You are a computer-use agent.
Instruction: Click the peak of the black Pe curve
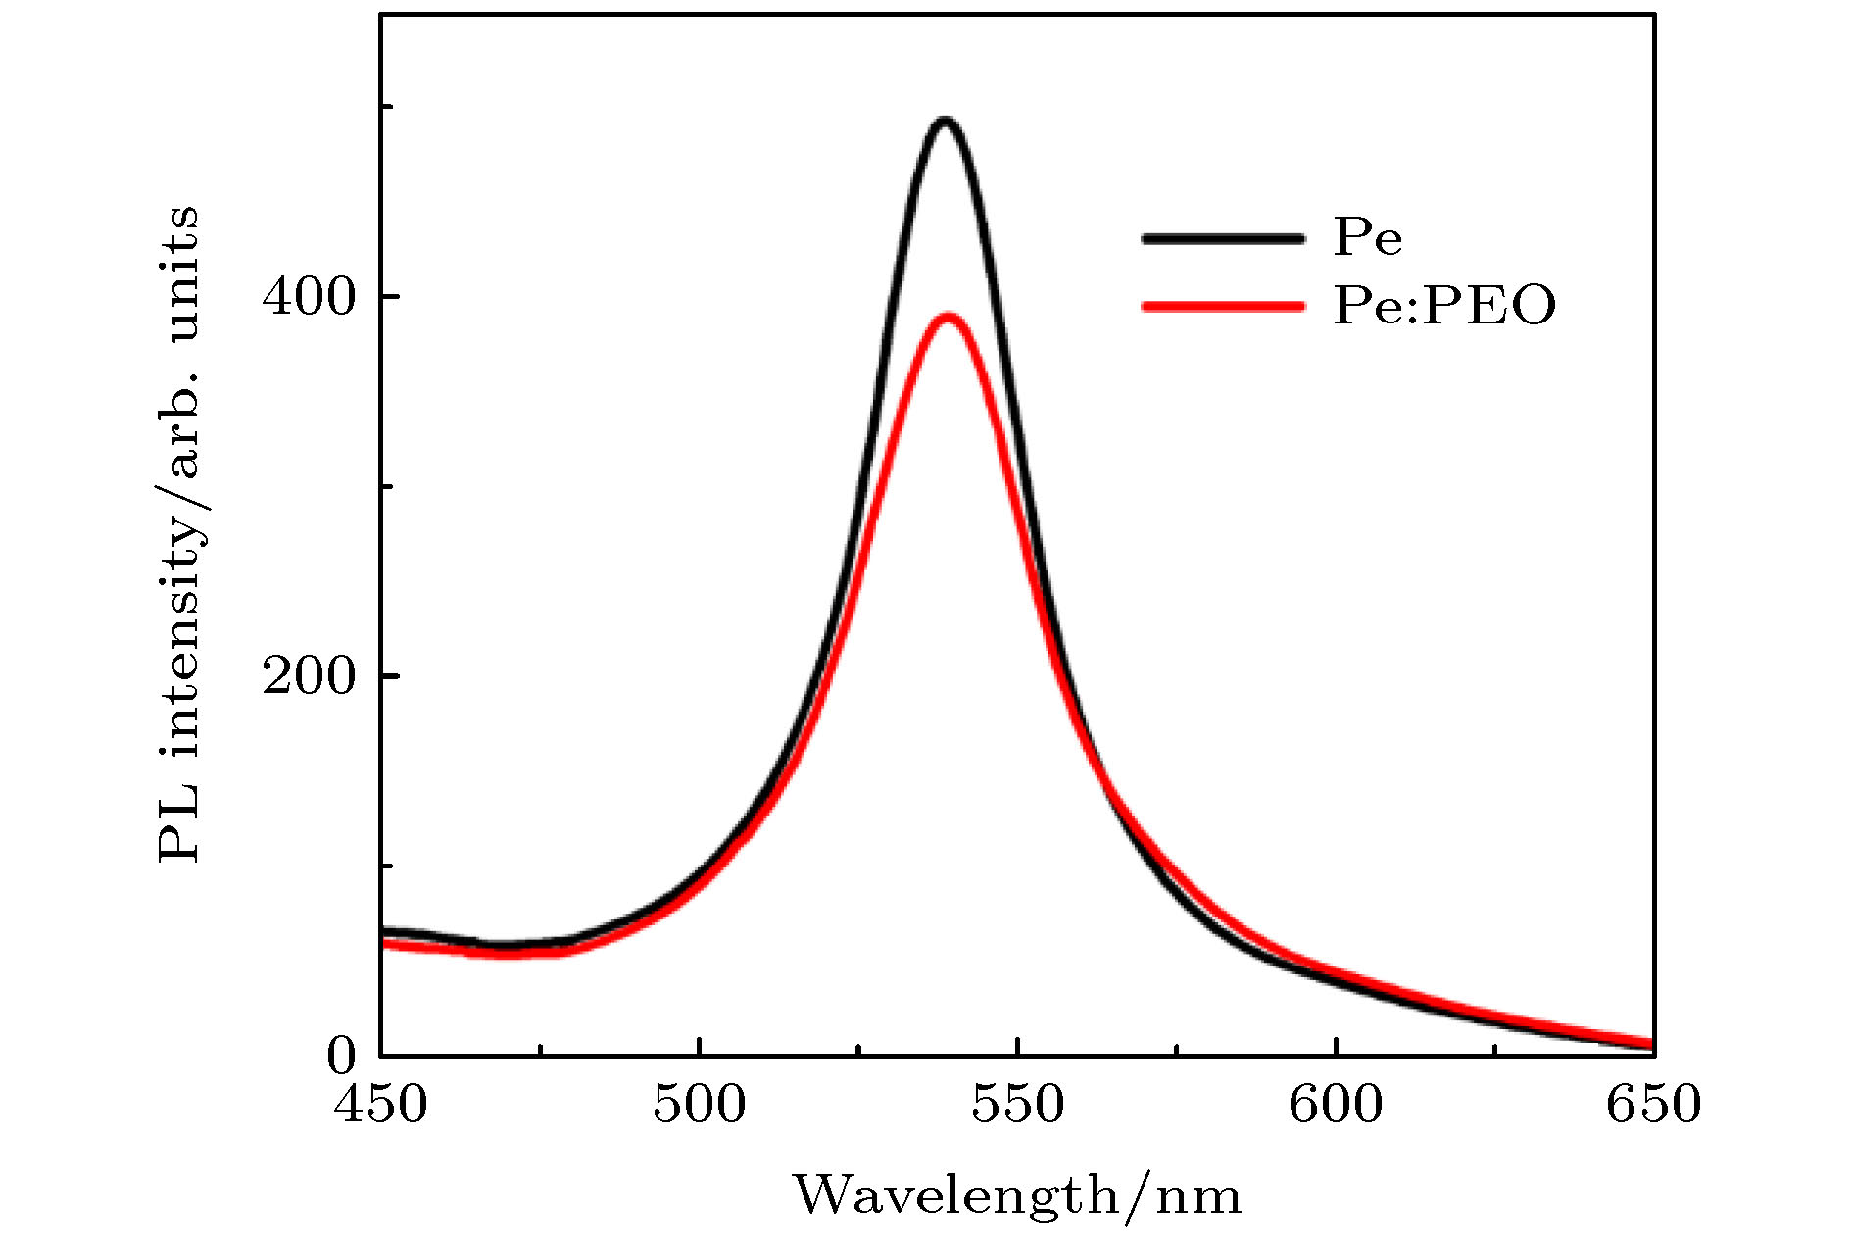coord(945,122)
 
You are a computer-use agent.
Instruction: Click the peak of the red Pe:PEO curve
coord(948,317)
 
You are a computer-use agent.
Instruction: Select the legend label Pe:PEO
coord(1443,306)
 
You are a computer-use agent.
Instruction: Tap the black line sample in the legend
coord(1223,238)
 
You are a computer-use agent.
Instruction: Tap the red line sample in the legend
coord(1223,306)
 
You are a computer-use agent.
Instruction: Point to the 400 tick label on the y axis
coord(308,297)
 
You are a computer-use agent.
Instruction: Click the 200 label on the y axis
coord(308,676)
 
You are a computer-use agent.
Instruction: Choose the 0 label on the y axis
coord(341,1057)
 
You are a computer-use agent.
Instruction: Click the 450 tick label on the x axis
coord(380,1105)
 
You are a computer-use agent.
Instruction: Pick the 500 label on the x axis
coord(699,1105)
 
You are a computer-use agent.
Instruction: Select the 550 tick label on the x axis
coord(1017,1105)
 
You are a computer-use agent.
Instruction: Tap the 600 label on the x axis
coord(1336,1105)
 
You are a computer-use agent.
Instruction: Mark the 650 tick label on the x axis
coord(1653,1105)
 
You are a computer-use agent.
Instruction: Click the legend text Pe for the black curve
coord(1367,237)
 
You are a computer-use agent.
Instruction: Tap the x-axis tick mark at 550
coord(1017,1047)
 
